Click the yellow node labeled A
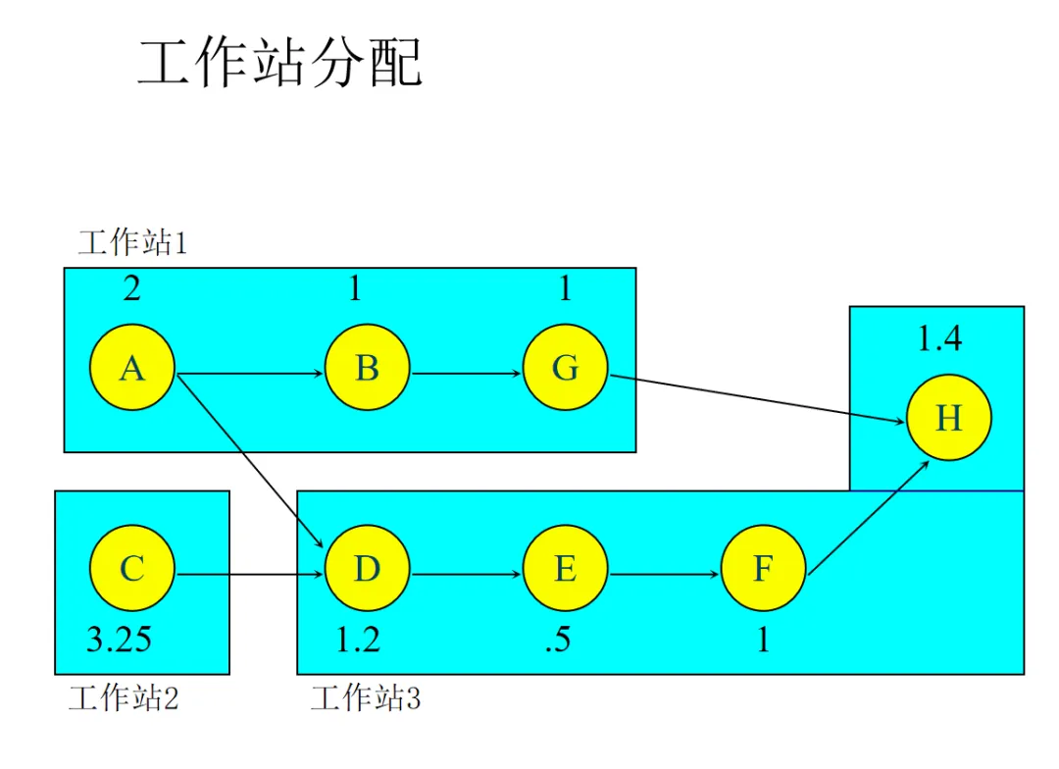132,369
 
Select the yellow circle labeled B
367,369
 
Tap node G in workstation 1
565,369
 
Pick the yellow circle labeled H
948,419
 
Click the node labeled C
132,569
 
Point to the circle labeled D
367,569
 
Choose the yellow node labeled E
565,569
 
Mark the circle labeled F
763,569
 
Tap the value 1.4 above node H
939,339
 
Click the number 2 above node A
131,288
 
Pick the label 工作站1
132,242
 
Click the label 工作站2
124,698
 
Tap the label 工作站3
366,698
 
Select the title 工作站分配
279,64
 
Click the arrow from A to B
250,374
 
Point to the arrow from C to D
250,574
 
